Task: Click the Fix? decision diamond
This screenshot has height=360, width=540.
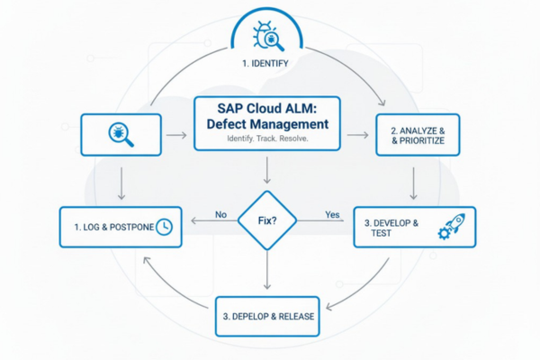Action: (x=268, y=218)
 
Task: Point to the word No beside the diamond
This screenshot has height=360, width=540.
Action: (x=221, y=214)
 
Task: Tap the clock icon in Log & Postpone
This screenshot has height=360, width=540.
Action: (x=164, y=227)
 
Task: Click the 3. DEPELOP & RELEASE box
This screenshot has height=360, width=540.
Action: (x=268, y=318)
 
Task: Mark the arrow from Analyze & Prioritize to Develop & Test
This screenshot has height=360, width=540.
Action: (x=414, y=183)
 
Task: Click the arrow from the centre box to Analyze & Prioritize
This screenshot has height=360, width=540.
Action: (x=358, y=135)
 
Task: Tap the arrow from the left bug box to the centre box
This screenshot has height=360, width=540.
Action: (x=177, y=136)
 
